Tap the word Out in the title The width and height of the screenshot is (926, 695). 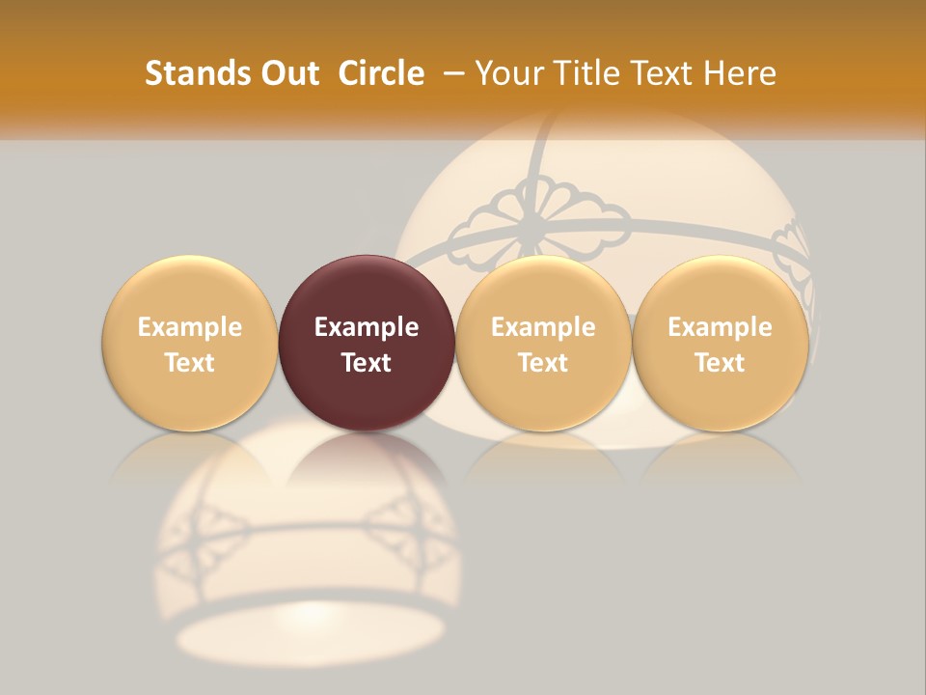(286, 73)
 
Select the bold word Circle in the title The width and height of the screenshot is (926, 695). (381, 73)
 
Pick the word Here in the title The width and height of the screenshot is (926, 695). (740, 73)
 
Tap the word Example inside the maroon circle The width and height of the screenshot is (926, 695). (367, 327)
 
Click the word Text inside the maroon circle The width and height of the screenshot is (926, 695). (367, 363)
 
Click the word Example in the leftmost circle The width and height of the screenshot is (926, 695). (190, 327)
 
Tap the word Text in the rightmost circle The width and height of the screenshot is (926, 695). (720, 363)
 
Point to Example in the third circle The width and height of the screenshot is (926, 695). (543, 327)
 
